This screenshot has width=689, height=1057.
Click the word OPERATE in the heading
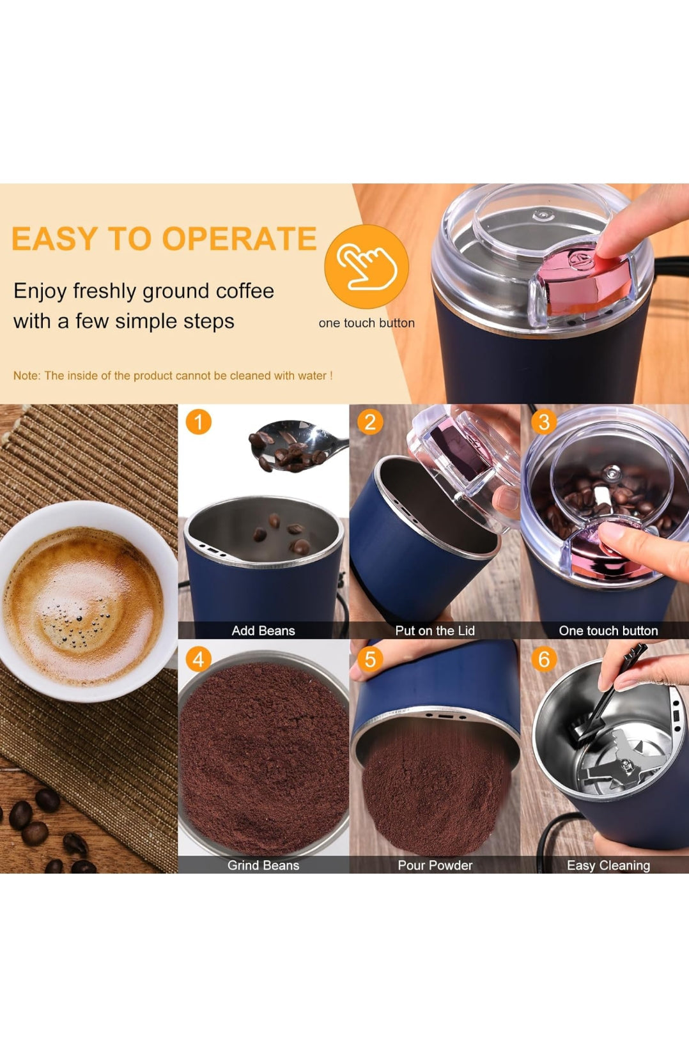coord(239,239)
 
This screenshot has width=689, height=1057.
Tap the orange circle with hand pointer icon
coord(366,266)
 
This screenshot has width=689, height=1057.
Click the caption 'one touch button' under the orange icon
coord(366,323)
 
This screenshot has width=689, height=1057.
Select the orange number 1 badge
coord(198,422)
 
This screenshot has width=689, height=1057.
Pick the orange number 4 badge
coord(198,659)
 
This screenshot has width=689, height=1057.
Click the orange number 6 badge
coord(544,659)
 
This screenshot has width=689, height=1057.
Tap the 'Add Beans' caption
coord(263,631)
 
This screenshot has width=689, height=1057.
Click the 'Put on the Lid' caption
coord(435,631)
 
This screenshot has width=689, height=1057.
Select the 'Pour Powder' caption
coord(435,865)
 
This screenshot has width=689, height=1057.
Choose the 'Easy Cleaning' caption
coord(608,865)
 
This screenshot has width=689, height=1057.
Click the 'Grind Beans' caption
coord(263,865)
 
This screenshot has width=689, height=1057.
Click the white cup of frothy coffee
coord(83,601)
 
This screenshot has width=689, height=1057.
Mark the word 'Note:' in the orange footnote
coord(27,376)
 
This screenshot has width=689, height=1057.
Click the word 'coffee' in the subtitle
coord(245,291)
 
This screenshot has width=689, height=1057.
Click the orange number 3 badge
coord(544,422)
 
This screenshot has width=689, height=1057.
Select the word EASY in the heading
coord(54,239)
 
